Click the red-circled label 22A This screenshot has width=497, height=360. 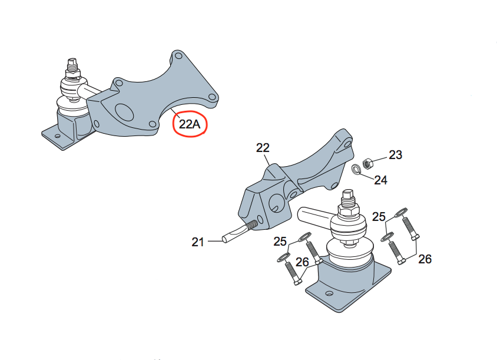pyautogui.click(x=190, y=124)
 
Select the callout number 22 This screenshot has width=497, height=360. pyautogui.click(x=263, y=148)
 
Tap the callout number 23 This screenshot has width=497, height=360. pyautogui.click(x=395, y=155)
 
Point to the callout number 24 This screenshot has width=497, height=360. pyautogui.click(x=380, y=180)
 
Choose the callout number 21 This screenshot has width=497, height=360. pyautogui.click(x=197, y=242)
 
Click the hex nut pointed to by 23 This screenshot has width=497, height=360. pyautogui.click(x=367, y=163)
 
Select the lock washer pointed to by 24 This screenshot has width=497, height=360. pyautogui.click(x=357, y=169)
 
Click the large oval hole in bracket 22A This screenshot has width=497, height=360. pyautogui.click(x=124, y=111)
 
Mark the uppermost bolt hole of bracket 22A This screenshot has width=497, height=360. pyautogui.click(x=178, y=56)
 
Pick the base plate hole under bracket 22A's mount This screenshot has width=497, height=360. pyautogui.click(x=57, y=136)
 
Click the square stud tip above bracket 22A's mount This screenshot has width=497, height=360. pyautogui.click(x=73, y=61)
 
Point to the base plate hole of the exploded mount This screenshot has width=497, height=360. pyautogui.click(x=330, y=293)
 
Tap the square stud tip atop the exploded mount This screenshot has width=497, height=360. pyautogui.click(x=347, y=193)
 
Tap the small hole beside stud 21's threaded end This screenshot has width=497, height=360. pyautogui.click(x=260, y=220)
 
